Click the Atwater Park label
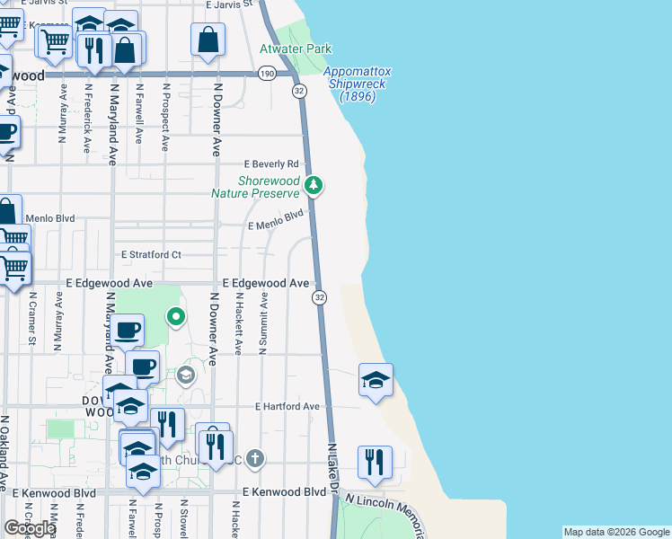[x=296, y=49]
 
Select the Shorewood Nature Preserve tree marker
[x=314, y=186]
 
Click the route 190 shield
[x=267, y=74]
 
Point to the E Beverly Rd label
[x=271, y=164]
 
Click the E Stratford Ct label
[x=151, y=255]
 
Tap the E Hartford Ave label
[x=287, y=406]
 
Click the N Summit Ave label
[x=264, y=325]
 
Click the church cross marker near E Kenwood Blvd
[x=255, y=459]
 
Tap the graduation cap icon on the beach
[x=376, y=379]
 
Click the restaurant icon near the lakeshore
[x=374, y=462]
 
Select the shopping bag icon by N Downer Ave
[x=208, y=40]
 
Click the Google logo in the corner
[x=29, y=528]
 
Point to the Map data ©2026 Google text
[x=616, y=532]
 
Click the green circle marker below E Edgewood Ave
[x=177, y=316]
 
